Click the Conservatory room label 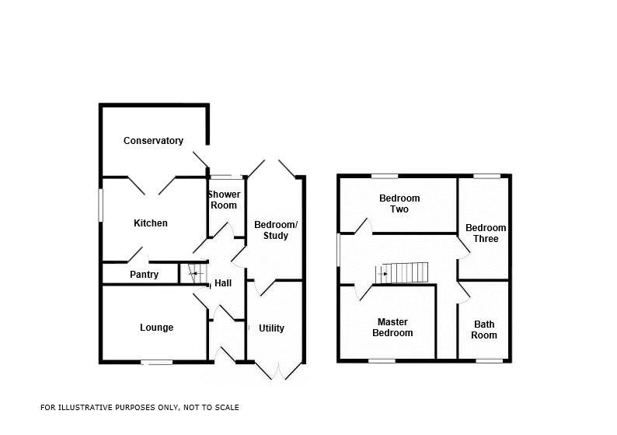[x=154, y=141]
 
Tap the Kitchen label [x=151, y=223]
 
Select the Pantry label [x=144, y=275]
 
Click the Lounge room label [x=156, y=328]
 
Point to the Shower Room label [x=224, y=200]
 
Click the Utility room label [x=271, y=328]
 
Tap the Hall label [x=223, y=283]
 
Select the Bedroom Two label [x=394, y=204]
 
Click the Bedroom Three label [x=486, y=233]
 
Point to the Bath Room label [x=484, y=330]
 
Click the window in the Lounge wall [x=156, y=362]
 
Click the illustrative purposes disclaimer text [x=140, y=407]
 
